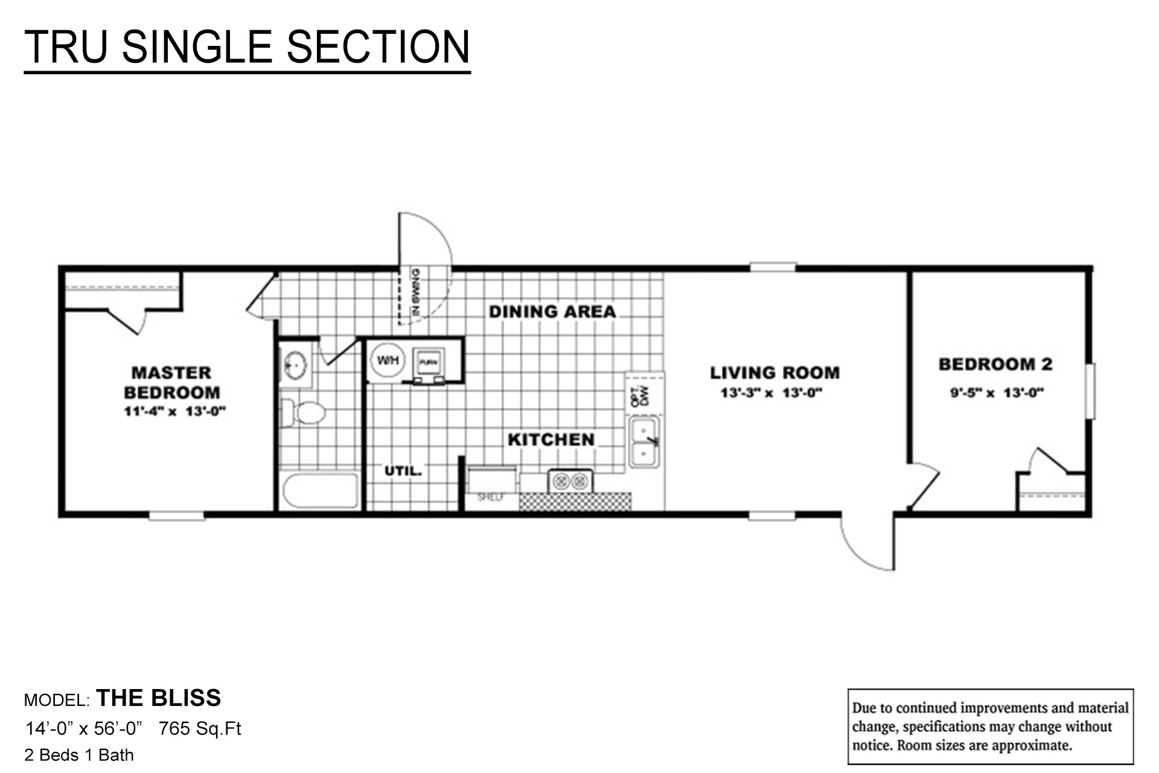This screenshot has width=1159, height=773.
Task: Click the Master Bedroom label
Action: (x=172, y=382)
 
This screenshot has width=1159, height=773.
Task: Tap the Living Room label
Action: (x=774, y=373)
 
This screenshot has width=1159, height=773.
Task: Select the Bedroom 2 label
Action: (x=995, y=364)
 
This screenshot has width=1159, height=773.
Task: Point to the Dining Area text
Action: (x=552, y=312)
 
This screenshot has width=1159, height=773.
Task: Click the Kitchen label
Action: (x=551, y=440)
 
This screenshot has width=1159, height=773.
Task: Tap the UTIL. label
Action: (x=403, y=471)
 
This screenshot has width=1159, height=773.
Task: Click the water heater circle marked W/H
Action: (x=388, y=361)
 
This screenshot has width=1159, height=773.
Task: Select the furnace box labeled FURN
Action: (x=429, y=363)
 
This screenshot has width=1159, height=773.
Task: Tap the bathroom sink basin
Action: (x=295, y=365)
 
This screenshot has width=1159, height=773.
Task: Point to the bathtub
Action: (x=321, y=491)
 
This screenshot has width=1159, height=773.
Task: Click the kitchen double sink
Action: (x=645, y=441)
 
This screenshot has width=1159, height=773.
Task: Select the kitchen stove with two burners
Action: (x=570, y=481)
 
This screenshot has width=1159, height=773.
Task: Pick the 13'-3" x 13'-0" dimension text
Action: (x=771, y=394)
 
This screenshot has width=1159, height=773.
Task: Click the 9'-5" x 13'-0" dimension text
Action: (x=997, y=393)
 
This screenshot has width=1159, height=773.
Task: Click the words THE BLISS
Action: (x=159, y=698)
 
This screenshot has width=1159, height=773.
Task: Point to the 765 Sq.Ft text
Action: (x=200, y=729)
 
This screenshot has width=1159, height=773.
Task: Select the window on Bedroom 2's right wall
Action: (x=1090, y=391)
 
